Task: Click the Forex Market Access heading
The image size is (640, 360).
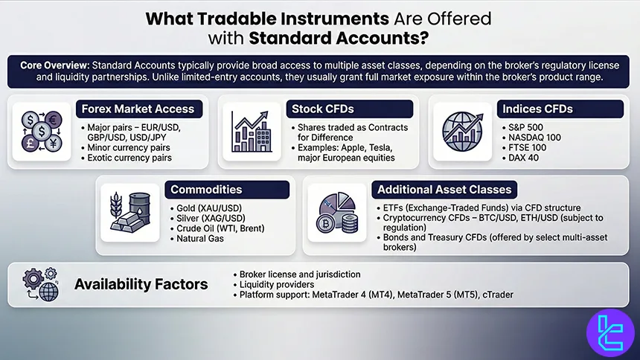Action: (138, 109)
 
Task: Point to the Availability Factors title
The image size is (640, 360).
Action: (140, 283)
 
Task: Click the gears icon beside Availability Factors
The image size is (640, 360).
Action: (42, 283)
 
